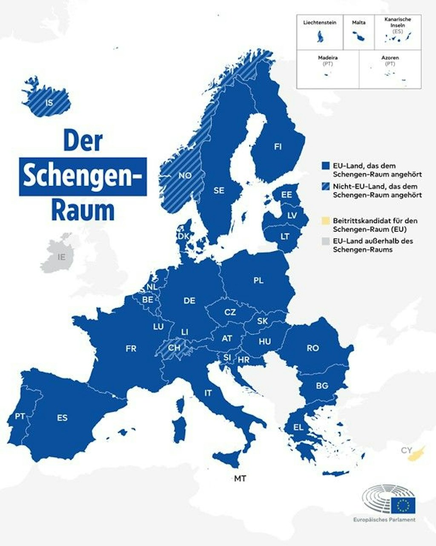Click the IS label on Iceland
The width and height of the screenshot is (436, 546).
click(50, 102)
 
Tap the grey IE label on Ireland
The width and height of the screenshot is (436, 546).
click(62, 257)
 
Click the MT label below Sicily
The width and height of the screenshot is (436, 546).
click(240, 479)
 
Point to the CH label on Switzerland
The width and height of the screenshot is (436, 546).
click(174, 348)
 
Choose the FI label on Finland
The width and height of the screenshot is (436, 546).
click(278, 147)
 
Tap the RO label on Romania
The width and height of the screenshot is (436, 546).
click(313, 348)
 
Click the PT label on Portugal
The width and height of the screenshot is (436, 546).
click(20, 416)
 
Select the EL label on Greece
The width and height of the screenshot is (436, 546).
click(298, 427)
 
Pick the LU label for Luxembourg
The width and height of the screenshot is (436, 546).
click(158, 327)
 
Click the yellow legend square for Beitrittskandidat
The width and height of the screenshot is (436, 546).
click(326, 221)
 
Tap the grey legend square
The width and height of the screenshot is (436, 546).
click(326, 241)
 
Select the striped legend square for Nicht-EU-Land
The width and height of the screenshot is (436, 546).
click(326, 187)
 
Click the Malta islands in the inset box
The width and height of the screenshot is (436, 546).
click(358, 38)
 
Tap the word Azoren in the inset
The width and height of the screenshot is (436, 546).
click(390, 58)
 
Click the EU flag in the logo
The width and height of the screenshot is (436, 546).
click(403, 505)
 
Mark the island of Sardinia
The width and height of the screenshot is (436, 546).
click(180, 426)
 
